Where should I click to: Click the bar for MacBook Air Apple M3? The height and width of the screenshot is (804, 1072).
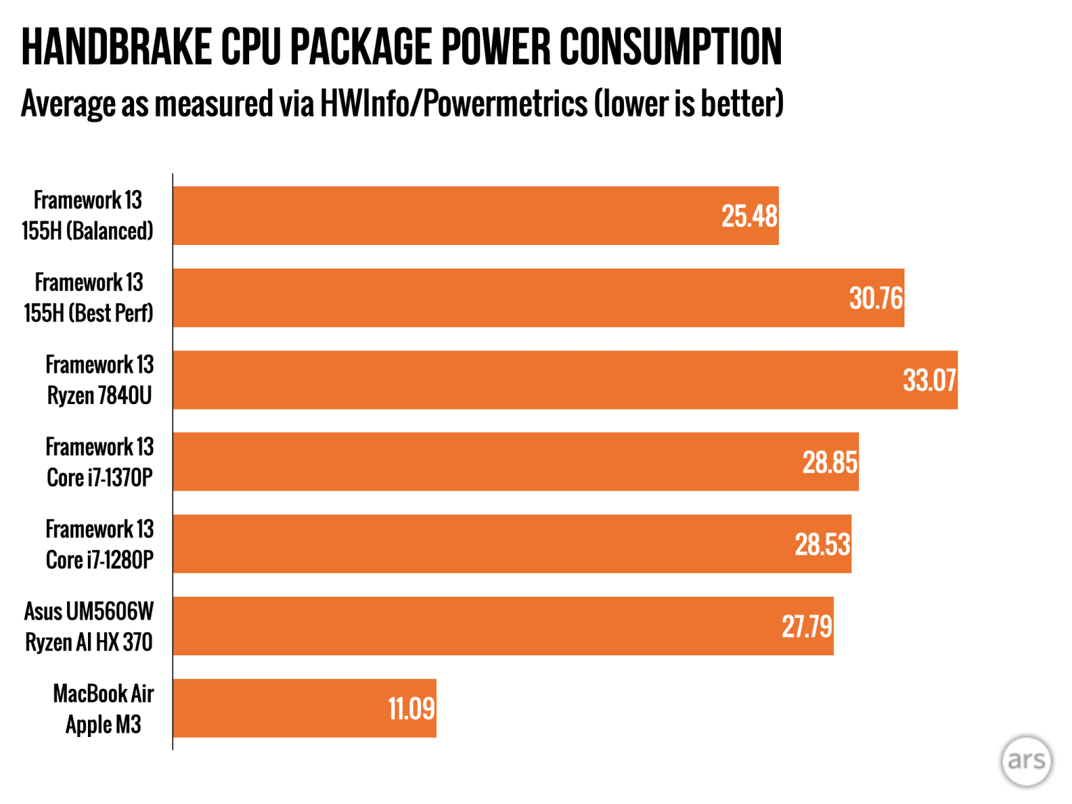tap(304, 708)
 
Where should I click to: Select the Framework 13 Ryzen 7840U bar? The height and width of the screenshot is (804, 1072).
tap(565, 380)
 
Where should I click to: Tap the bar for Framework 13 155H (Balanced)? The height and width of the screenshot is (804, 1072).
tap(475, 216)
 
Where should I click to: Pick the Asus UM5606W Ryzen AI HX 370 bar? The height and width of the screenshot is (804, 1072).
tap(503, 626)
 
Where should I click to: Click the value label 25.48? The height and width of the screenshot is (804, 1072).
tap(749, 216)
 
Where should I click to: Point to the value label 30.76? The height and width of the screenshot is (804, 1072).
tap(876, 299)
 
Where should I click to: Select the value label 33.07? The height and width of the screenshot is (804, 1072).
tap(929, 380)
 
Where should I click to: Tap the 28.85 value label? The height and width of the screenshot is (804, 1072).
tap(829, 463)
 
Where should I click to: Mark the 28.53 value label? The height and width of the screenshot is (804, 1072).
tap(822, 544)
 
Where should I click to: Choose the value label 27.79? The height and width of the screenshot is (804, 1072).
tap(806, 627)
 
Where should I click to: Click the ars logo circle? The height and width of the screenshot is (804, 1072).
tap(1026, 761)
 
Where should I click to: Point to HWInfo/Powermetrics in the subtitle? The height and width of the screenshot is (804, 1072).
tap(454, 104)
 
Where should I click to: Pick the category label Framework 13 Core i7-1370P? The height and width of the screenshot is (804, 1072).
tap(99, 462)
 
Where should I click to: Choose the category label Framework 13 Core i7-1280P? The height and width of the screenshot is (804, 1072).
tap(99, 544)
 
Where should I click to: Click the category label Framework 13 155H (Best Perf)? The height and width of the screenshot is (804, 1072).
tap(89, 298)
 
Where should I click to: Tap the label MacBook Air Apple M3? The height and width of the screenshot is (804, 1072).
tap(103, 708)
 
